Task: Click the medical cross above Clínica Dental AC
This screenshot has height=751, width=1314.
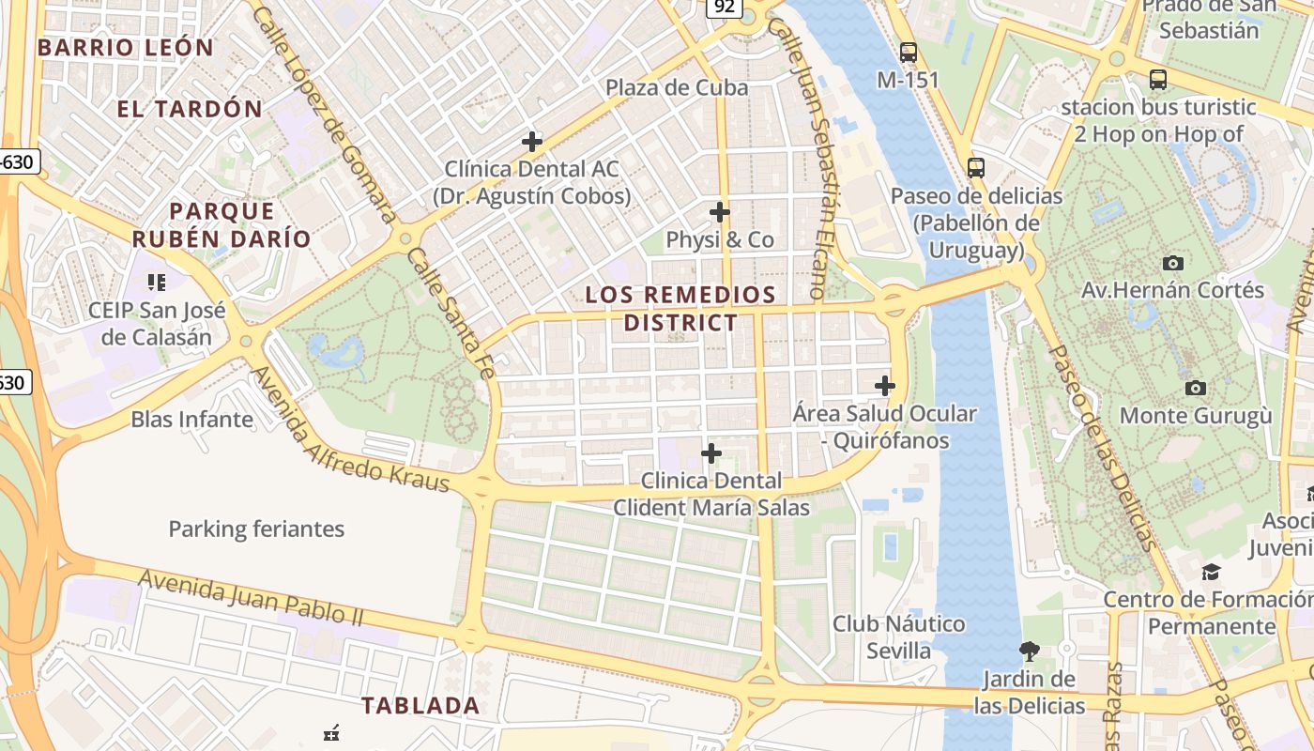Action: (532, 142)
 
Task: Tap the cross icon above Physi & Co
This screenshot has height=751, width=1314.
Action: (720, 212)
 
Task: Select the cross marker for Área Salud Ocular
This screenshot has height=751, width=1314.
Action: (885, 386)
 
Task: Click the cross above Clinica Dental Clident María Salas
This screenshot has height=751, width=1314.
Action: (711, 454)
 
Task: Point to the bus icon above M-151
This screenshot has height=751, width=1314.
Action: (908, 53)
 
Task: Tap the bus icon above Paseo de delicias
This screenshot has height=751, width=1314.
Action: (976, 168)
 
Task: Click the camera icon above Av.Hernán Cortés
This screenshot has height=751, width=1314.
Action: (1172, 263)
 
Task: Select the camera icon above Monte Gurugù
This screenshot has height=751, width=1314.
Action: (1195, 388)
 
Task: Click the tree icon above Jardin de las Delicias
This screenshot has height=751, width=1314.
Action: (1030, 651)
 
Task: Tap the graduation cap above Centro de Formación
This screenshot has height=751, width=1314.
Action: (1212, 572)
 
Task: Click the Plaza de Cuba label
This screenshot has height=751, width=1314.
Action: (677, 87)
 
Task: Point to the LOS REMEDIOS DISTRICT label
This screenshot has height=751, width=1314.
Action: (680, 309)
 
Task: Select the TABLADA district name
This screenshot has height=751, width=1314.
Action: (420, 705)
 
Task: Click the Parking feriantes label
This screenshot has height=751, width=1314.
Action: (256, 529)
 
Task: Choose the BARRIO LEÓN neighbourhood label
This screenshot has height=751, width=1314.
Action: (126, 47)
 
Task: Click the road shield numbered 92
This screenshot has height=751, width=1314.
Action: (724, 8)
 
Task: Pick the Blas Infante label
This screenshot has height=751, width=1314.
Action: (192, 419)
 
